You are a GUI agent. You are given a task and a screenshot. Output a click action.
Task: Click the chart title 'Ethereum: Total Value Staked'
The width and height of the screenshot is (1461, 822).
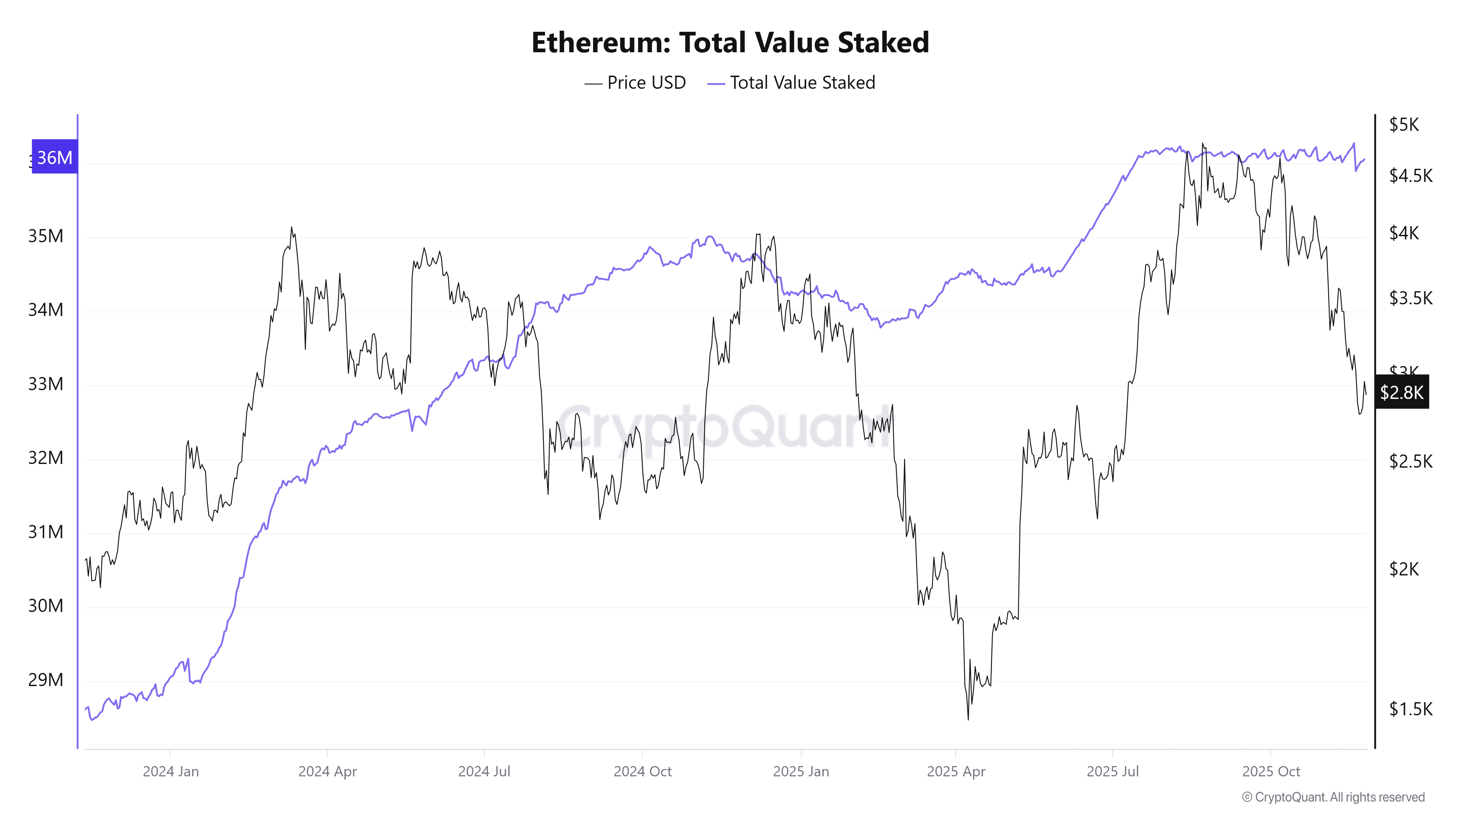point(730,42)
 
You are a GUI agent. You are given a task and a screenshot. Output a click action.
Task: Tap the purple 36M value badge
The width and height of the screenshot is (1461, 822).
point(54,157)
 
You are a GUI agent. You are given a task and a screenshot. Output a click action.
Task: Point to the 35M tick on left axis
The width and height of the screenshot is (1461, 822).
point(45,236)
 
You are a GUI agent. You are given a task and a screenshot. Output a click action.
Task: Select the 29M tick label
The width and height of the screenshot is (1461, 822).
point(45,680)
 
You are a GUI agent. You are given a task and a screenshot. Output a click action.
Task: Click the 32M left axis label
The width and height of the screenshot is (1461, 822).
point(45,458)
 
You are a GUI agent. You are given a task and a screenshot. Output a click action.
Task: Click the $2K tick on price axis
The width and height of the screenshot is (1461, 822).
point(1404,569)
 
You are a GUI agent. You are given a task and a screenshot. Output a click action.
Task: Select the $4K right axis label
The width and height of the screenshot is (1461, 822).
point(1404,233)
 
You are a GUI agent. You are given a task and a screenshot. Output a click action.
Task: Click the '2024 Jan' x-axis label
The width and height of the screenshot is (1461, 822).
point(171,772)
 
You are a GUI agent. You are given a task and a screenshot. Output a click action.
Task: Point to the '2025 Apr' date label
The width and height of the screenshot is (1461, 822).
point(955,772)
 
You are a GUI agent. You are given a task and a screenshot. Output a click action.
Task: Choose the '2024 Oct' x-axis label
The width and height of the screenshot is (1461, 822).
point(642,772)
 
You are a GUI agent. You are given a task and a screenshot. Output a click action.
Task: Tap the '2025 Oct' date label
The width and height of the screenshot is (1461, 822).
point(1270,772)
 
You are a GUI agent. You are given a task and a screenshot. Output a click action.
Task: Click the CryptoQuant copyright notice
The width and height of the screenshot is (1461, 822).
point(1333,797)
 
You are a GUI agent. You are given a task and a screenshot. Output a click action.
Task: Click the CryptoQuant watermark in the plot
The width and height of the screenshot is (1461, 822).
point(723,427)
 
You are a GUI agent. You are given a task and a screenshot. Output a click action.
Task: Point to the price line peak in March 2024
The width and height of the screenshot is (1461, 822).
point(291,228)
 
